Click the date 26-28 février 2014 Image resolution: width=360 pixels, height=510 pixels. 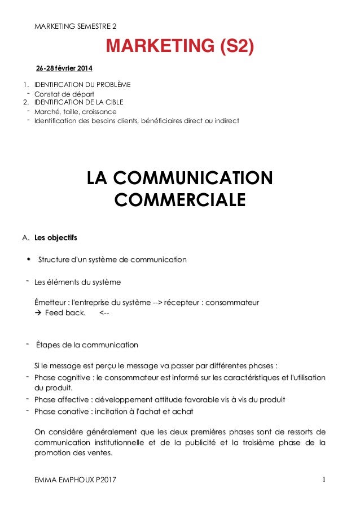[64, 68]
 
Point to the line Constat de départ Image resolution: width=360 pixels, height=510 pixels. [64, 94]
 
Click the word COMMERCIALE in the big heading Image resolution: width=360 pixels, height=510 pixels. [180, 200]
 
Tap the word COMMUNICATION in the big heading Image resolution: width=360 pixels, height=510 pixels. [180, 178]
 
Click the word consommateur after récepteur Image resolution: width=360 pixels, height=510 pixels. [232, 303]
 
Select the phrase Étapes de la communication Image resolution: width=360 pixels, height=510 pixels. [86, 345]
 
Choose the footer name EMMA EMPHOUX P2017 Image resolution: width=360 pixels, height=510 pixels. [78, 480]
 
